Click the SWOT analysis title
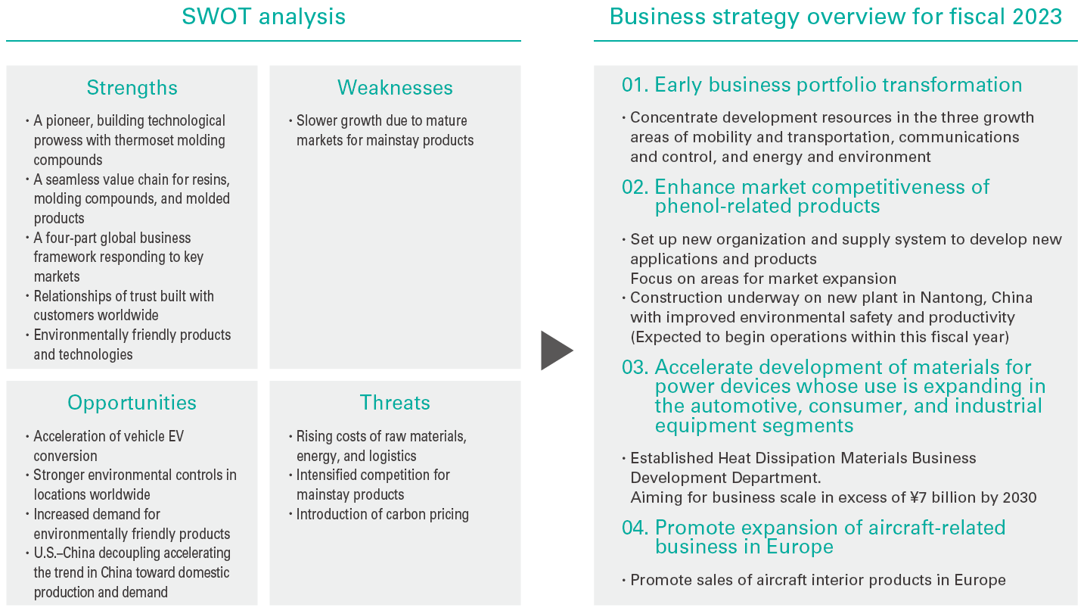tap(263, 17)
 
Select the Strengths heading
tap(132, 88)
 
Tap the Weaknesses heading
tap(395, 88)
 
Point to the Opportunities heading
tap(132, 404)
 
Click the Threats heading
tap(395, 403)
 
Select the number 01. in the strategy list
tap(635, 85)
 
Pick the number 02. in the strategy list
tap(635, 187)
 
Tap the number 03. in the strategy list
tap(635, 367)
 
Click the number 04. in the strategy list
tap(635, 528)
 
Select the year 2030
tap(1020, 497)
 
